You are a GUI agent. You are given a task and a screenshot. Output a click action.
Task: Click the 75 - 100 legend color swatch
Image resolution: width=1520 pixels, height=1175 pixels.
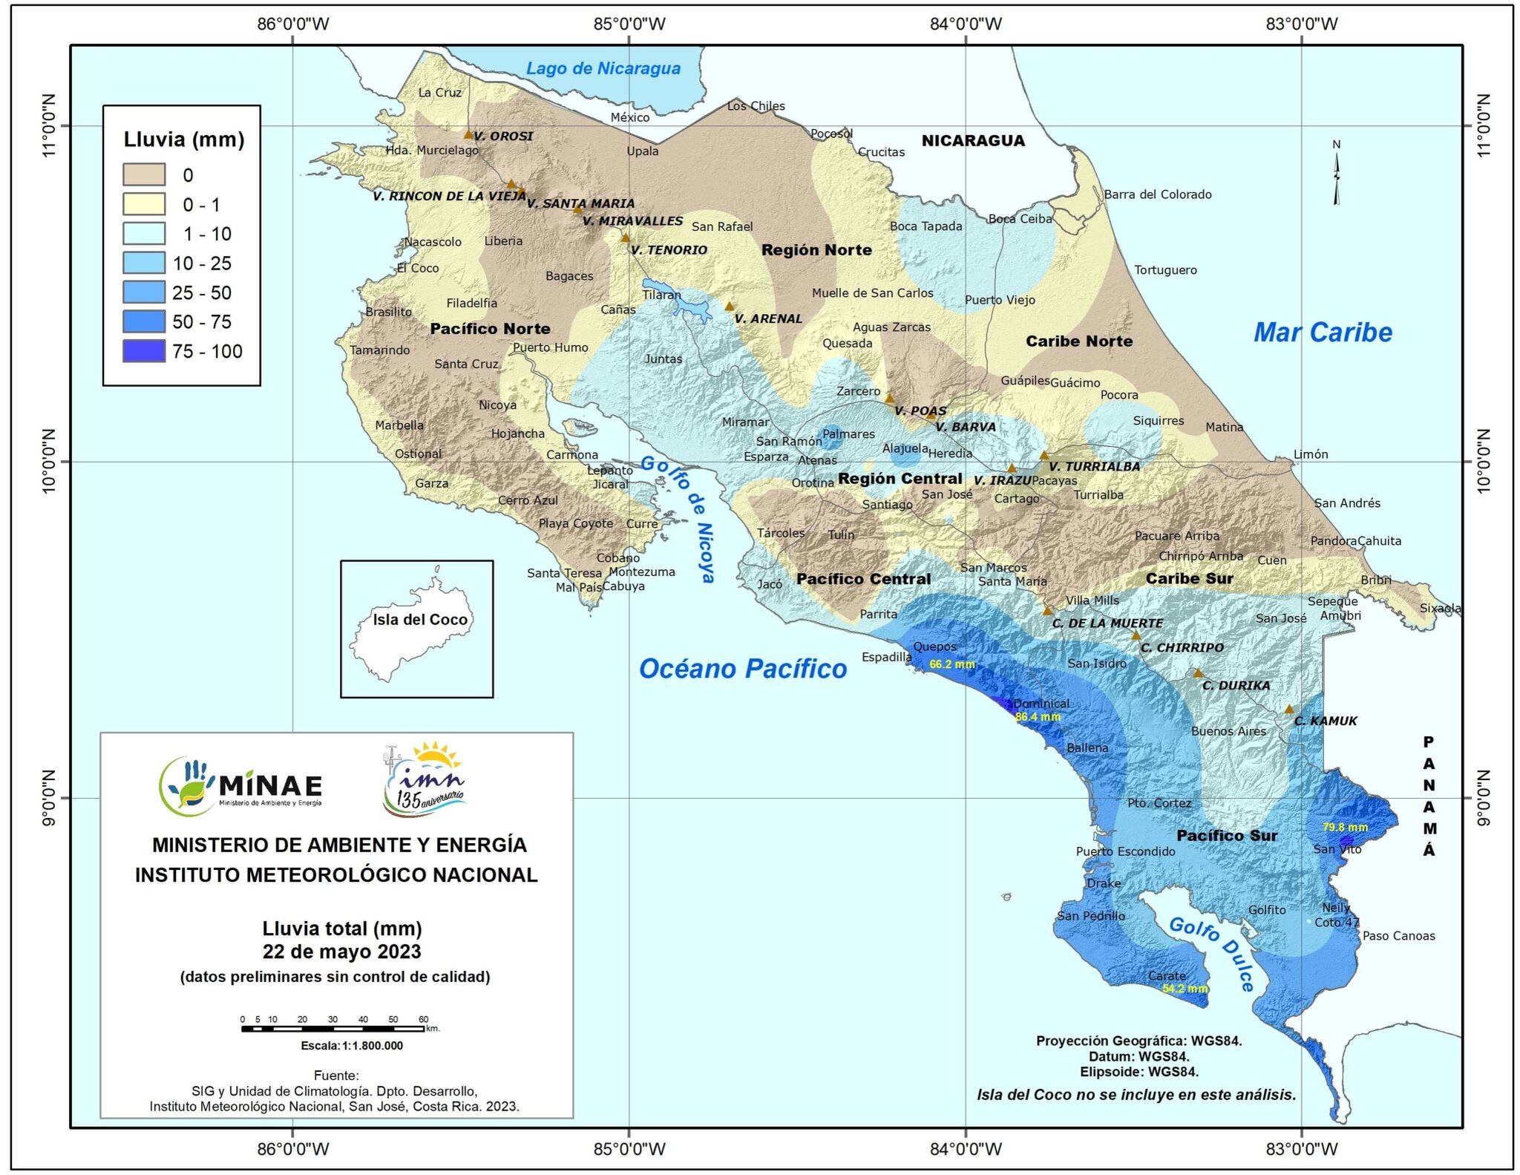(x=144, y=351)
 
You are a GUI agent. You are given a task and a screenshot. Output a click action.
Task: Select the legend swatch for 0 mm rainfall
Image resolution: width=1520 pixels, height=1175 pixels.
(x=144, y=175)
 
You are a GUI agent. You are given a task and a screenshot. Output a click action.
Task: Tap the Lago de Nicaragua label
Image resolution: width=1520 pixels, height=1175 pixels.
(x=603, y=68)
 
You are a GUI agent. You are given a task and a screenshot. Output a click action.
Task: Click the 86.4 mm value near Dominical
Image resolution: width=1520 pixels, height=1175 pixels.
(x=1038, y=717)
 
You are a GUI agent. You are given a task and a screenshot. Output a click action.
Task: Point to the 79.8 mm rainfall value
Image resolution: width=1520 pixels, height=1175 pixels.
(x=1345, y=827)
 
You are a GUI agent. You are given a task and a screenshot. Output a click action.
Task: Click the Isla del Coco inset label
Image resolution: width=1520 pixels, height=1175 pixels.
(x=420, y=620)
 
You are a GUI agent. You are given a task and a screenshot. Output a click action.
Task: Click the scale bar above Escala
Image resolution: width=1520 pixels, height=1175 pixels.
(x=332, y=1029)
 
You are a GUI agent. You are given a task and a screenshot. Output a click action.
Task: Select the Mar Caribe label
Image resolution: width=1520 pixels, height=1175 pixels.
(x=1323, y=333)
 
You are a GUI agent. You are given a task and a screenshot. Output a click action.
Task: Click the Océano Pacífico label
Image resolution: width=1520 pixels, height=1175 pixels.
(x=743, y=669)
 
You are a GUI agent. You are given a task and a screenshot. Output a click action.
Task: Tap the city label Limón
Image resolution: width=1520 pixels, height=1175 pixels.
(x=1311, y=454)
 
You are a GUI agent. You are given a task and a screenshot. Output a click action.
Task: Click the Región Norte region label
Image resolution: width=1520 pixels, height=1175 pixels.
(x=816, y=250)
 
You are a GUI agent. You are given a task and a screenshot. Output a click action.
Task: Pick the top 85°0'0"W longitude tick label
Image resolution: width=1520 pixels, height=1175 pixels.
(x=629, y=24)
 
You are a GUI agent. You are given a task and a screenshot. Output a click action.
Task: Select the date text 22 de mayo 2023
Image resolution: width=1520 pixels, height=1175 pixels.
(x=341, y=952)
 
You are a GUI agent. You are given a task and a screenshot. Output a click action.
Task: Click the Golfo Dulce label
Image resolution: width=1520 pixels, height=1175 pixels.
(x=1211, y=953)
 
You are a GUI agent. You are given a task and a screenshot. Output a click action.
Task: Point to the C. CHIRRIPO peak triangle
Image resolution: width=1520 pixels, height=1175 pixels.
(x=1136, y=635)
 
